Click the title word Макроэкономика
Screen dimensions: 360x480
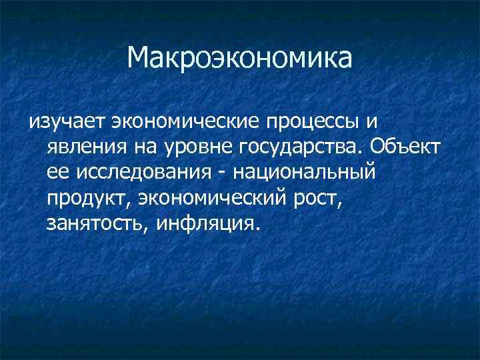tap(240, 59)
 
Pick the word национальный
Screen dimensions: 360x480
tap(302, 172)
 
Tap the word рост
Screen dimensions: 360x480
tap(317, 198)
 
